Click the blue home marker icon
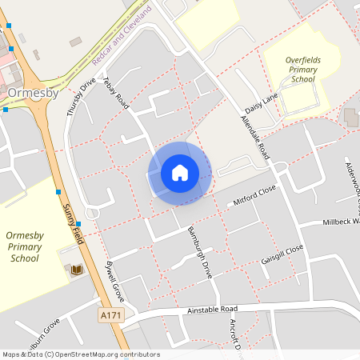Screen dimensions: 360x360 point(179,172)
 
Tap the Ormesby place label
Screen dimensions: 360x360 point(33,93)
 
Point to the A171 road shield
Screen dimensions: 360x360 point(111,317)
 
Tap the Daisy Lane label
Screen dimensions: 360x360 point(261,103)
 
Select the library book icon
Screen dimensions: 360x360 point(77,271)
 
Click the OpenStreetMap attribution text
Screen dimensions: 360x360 point(80,354)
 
